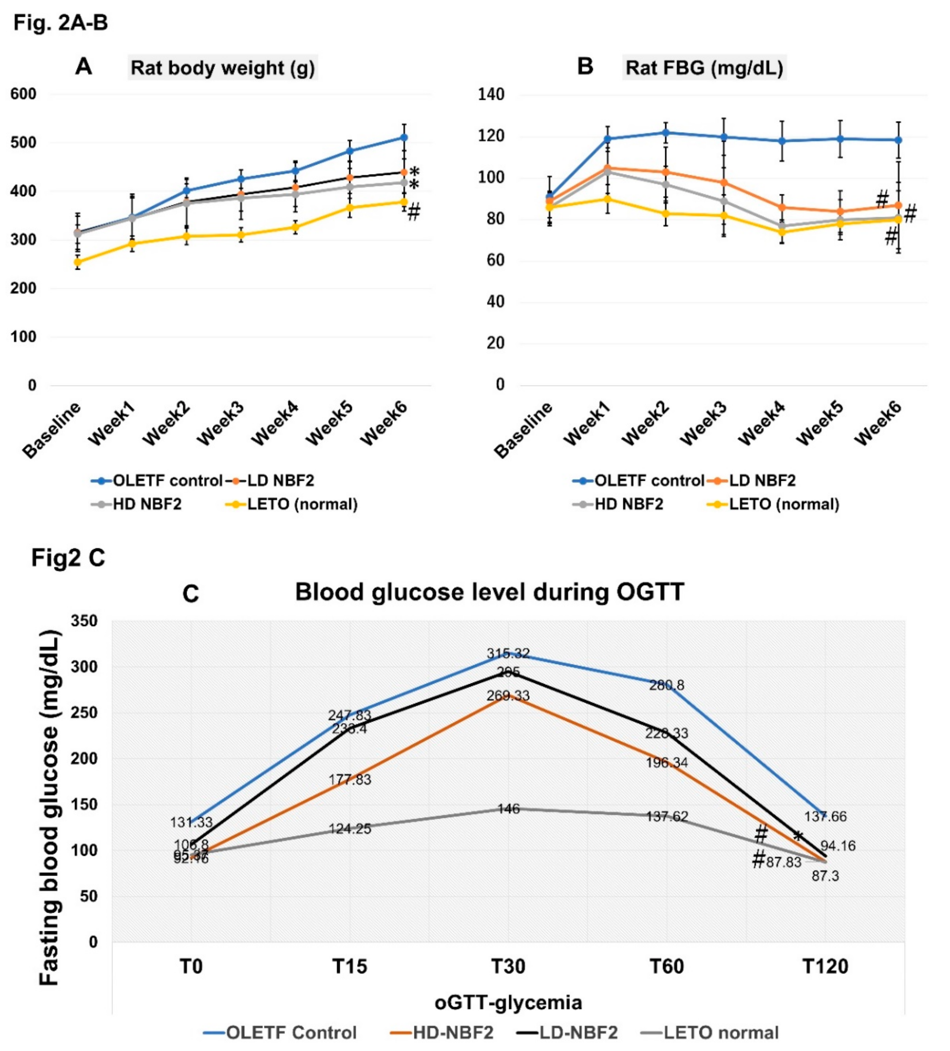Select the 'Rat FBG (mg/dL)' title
pyautogui.click(x=704, y=68)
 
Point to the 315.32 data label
pyautogui.click(x=508, y=653)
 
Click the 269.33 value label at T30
pyautogui.click(x=508, y=696)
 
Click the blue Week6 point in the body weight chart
pyautogui.click(x=404, y=137)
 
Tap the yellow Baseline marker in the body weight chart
pyautogui.click(x=78, y=262)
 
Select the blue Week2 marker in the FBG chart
pyautogui.click(x=666, y=132)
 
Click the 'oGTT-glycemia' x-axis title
pyautogui.click(x=508, y=1002)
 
